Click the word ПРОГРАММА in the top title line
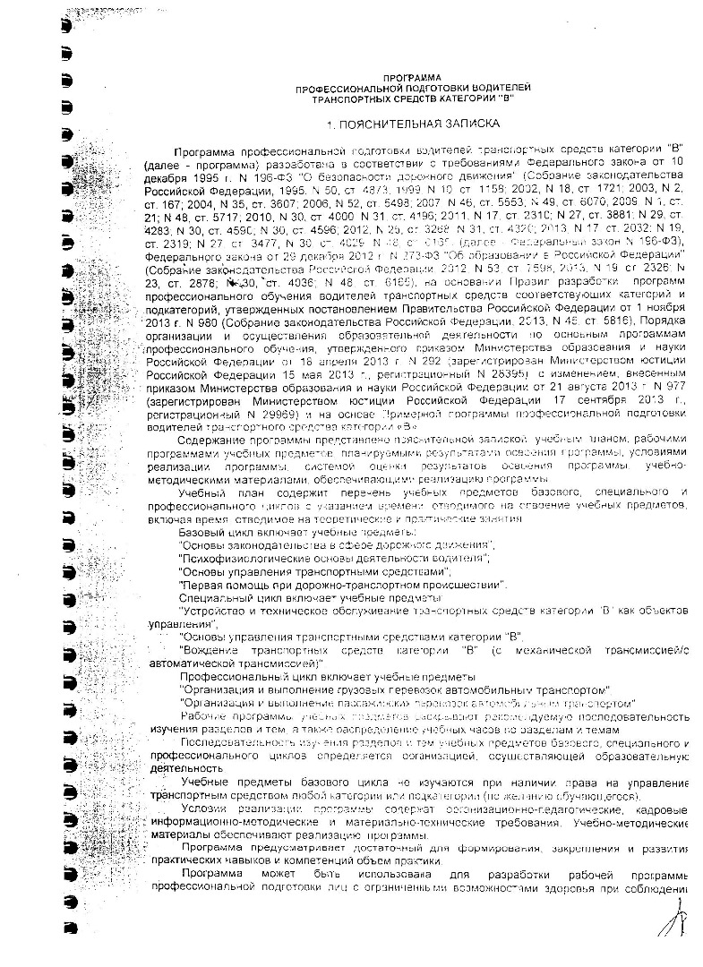411,79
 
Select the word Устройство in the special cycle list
214,611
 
